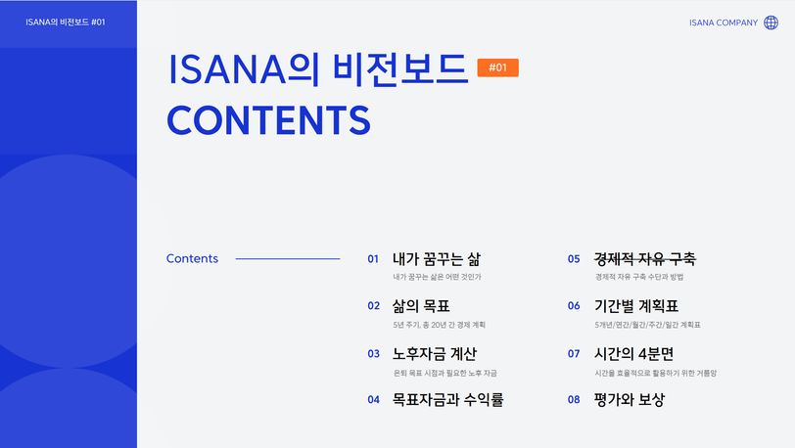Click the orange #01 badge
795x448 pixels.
coord(498,67)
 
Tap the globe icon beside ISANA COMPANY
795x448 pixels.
coord(772,22)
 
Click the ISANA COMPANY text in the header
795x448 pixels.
coord(723,22)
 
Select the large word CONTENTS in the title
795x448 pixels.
coord(268,120)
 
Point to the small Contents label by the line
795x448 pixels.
coord(192,258)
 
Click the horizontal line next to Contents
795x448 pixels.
coord(288,259)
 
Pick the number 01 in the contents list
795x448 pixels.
coord(373,259)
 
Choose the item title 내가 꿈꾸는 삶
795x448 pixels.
coord(437,259)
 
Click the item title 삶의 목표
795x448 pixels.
coord(421,306)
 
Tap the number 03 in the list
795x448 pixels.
coord(374,354)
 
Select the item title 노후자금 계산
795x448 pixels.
coord(435,354)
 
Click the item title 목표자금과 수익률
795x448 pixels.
coord(447,400)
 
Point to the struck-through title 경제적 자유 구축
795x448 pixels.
coord(645,259)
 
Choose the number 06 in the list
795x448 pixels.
coord(574,306)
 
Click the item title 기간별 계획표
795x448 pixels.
coord(636,306)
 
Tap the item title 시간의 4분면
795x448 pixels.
coord(633,354)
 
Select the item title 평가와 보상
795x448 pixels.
coord(630,400)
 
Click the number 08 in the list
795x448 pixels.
coord(574,400)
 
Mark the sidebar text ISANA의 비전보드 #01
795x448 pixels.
coord(66,22)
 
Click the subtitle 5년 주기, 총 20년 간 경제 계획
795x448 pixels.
coord(439,325)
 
